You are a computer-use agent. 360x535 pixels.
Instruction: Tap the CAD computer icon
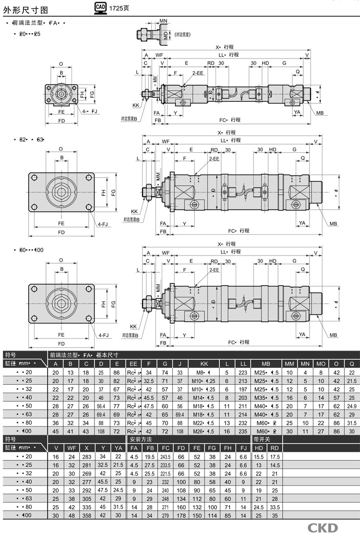coord(100,8)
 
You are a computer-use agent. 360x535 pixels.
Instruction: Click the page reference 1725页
coord(119,8)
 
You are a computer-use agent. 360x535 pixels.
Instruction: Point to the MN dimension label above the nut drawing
coord(163,21)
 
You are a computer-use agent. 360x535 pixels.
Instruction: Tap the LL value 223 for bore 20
coord(243,372)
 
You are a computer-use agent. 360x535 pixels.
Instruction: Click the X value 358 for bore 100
coord(87,515)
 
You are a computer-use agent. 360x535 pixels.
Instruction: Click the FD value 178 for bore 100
coord(181,515)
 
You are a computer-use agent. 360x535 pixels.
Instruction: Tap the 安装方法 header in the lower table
coord(140,439)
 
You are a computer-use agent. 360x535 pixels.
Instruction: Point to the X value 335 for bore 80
coord(87,507)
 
